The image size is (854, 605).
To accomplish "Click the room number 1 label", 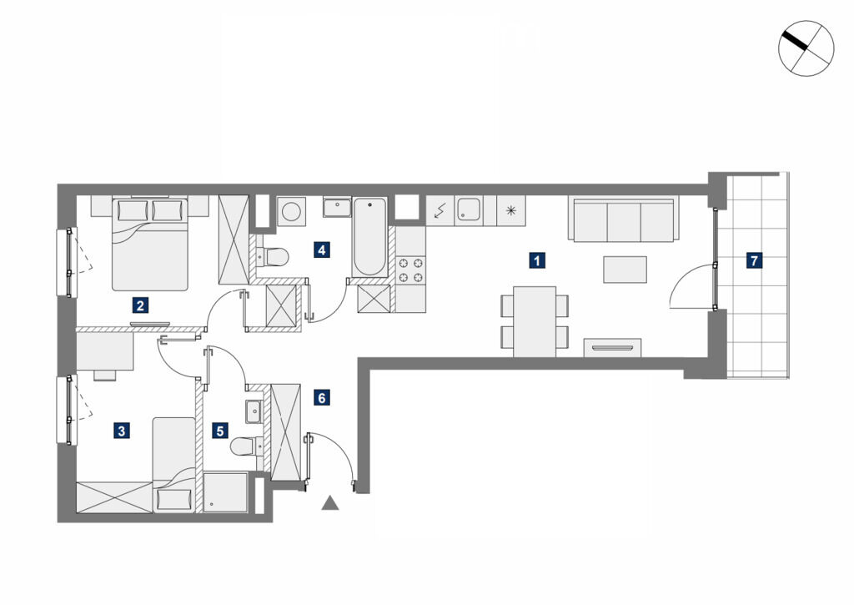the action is click(537, 260).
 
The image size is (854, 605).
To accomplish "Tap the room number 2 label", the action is click(140, 305).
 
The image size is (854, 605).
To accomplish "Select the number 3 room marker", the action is click(121, 431).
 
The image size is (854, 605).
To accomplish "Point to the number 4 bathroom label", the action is click(321, 250).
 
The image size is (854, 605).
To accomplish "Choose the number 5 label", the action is click(219, 431).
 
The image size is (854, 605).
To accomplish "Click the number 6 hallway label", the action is click(321, 398).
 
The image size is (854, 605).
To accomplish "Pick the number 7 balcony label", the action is click(754, 260).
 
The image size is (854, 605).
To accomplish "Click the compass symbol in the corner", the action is click(806, 48).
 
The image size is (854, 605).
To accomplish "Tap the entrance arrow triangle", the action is click(329, 503).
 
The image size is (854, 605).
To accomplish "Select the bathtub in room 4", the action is click(369, 237).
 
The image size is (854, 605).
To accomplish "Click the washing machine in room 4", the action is click(291, 211).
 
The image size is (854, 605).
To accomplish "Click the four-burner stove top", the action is click(410, 270).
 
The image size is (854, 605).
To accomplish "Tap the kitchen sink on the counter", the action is click(469, 209).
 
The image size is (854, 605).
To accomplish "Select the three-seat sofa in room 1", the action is click(624, 219).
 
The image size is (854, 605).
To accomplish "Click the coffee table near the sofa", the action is click(625, 270).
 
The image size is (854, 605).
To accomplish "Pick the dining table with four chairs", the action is click(535, 321).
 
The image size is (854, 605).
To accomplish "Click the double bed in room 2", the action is click(150, 244).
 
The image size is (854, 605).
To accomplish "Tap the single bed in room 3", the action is click(173, 464).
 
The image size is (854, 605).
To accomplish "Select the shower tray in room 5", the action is click(225, 492).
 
